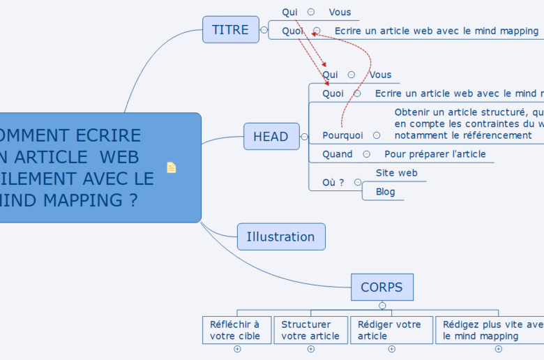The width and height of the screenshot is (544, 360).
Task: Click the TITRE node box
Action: pyautogui.click(x=230, y=29)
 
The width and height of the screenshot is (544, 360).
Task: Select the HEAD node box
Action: pyautogui.click(x=271, y=136)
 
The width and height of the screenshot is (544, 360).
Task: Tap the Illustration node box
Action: pyautogui.click(x=280, y=237)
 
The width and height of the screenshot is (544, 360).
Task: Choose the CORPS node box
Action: pyautogui.click(x=381, y=287)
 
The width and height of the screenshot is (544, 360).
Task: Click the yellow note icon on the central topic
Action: pyautogui.click(x=172, y=167)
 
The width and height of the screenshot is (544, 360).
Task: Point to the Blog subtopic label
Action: pyautogui.click(x=386, y=192)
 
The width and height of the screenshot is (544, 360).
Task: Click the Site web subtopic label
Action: pyautogui.click(x=396, y=173)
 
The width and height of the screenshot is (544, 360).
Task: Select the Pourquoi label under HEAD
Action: pyautogui.click(x=342, y=135)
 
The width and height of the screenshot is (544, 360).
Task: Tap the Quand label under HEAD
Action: pyautogui.click(x=338, y=154)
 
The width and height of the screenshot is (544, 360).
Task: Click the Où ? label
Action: pyautogui.click(x=333, y=183)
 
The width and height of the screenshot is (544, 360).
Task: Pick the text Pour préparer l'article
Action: pyautogui.click(x=435, y=154)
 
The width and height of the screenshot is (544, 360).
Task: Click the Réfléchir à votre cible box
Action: pyautogui.click(x=235, y=330)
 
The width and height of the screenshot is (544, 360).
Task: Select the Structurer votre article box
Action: pyautogui.click(x=310, y=330)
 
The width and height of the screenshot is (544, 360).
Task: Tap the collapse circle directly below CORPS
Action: pyautogui.click(x=382, y=306)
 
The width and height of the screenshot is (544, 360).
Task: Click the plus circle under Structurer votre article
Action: pyautogui.click(x=311, y=349)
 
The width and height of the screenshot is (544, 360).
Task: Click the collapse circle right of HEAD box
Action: pyautogui.click(x=304, y=137)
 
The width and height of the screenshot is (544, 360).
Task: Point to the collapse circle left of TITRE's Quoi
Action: pyautogui.click(x=264, y=30)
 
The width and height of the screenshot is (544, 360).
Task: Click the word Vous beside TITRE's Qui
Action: pyautogui.click(x=340, y=12)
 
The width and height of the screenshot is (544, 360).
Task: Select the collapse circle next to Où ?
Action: pyautogui.click(x=358, y=182)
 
